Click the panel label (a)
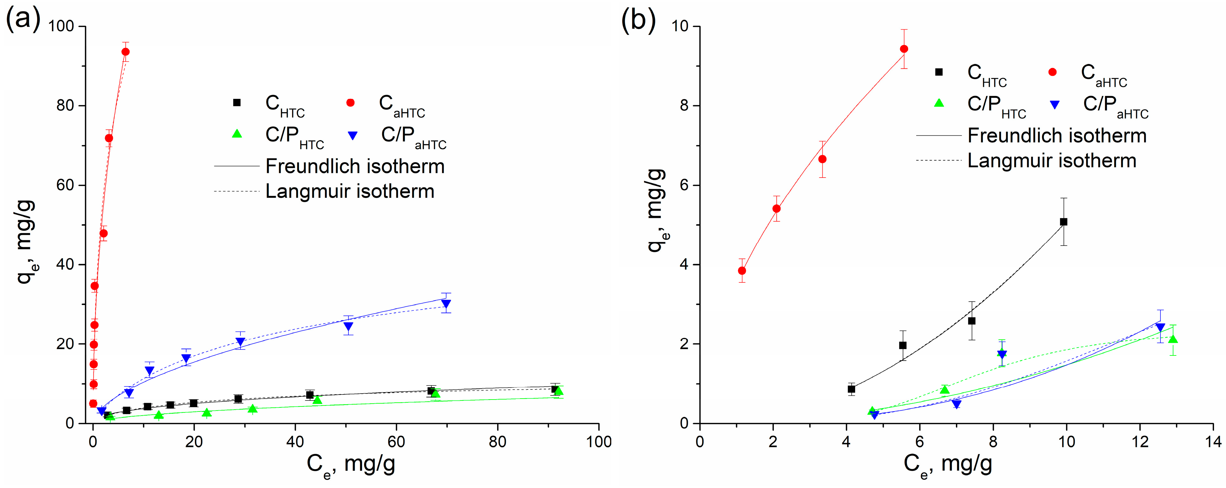click(23, 20)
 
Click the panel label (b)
click(639, 20)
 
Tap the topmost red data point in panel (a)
click(126, 52)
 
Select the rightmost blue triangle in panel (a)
click(446, 304)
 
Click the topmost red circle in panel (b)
click(904, 49)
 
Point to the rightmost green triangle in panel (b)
click(1173, 339)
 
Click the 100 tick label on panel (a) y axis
click(61, 27)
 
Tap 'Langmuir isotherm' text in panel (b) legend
click(1052, 161)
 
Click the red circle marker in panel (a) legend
click(351, 103)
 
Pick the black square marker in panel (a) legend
click(237, 103)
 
